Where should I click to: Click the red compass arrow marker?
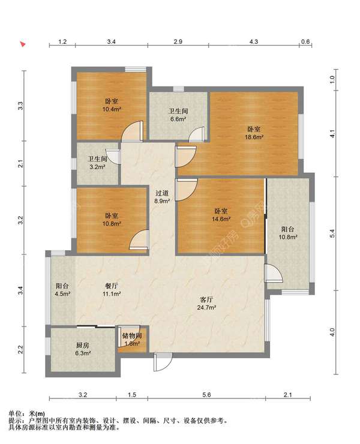pos(23,44)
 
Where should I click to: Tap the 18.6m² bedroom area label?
pos(254,133)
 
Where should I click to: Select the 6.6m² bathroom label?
pos(178,115)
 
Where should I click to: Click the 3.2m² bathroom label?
pos(97,163)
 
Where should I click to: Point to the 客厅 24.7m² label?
pos(207,303)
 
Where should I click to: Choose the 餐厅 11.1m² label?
pos(112,290)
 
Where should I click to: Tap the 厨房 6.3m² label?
pos(83,349)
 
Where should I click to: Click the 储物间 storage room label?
pos(132,336)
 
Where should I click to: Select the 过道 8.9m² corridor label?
pos(162,197)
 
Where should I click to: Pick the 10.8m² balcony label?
pos(288,233)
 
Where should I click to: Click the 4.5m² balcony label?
pos(62,290)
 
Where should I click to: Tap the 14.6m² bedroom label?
pos(221,215)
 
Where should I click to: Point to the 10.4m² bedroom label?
pos(112,105)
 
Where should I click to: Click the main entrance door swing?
pos(163,362)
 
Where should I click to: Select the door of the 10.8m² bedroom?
pos(139,240)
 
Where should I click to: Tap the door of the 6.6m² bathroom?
pos(197,134)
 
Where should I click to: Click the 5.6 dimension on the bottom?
pos(207,395)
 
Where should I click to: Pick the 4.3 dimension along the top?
pos(254,41)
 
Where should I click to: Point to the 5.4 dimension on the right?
pos(332,233)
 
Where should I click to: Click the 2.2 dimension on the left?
pos(20,349)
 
